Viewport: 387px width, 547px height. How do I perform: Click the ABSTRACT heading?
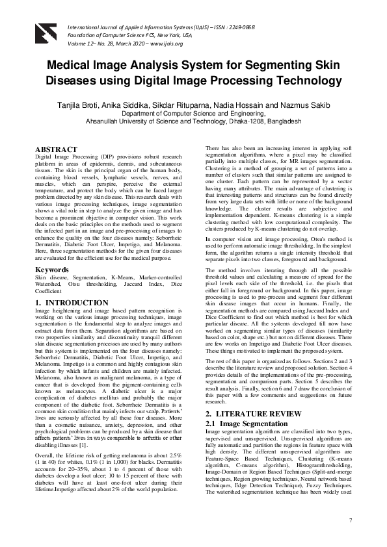(56, 149)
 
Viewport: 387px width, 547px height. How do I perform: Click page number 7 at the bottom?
(350, 521)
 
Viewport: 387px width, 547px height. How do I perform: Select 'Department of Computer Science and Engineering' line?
(194, 113)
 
